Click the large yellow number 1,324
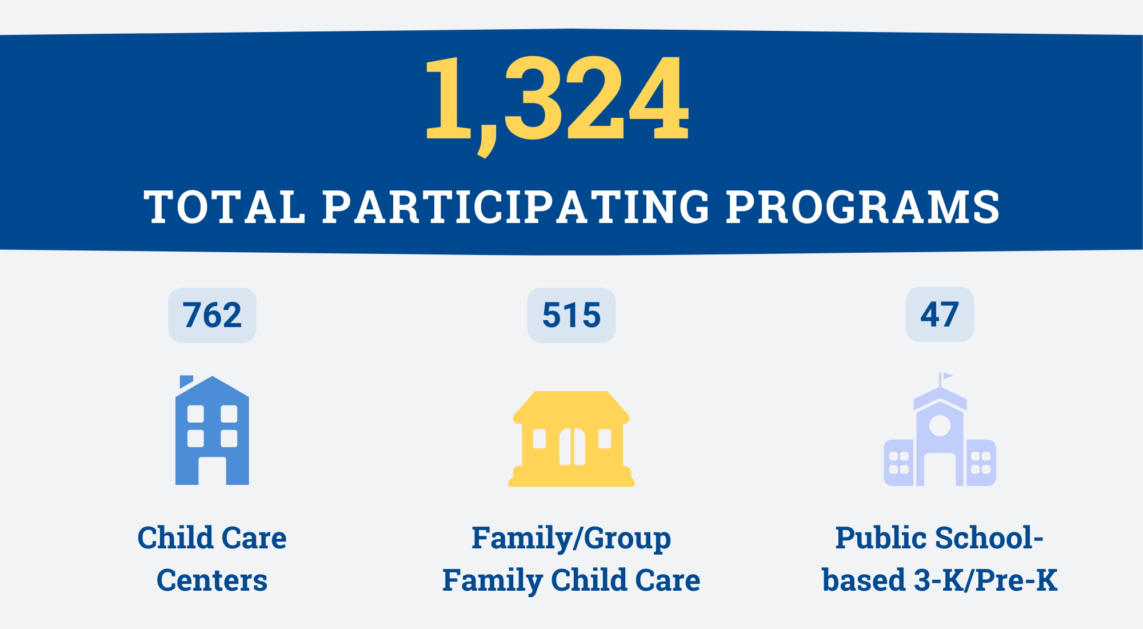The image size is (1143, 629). (x=557, y=103)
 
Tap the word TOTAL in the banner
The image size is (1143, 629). (x=225, y=206)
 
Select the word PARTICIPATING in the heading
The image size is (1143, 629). (x=517, y=206)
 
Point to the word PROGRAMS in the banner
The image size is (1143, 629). (x=864, y=206)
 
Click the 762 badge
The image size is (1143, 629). (x=212, y=315)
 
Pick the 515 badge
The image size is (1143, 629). (x=571, y=315)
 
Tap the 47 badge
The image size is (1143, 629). (x=940, y=314)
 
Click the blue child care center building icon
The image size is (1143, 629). (x=212, y=430)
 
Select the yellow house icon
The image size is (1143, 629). (x=571, y=439)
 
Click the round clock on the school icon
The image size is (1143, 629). (x=940, y=425)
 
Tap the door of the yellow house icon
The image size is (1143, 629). (x=572, y=447)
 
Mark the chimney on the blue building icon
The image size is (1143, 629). (x=186, y=381)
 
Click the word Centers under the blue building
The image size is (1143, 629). (x=212, y=580)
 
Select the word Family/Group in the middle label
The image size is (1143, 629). (x=571, y=539)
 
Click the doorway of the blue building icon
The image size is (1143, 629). (x=212, y=471)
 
